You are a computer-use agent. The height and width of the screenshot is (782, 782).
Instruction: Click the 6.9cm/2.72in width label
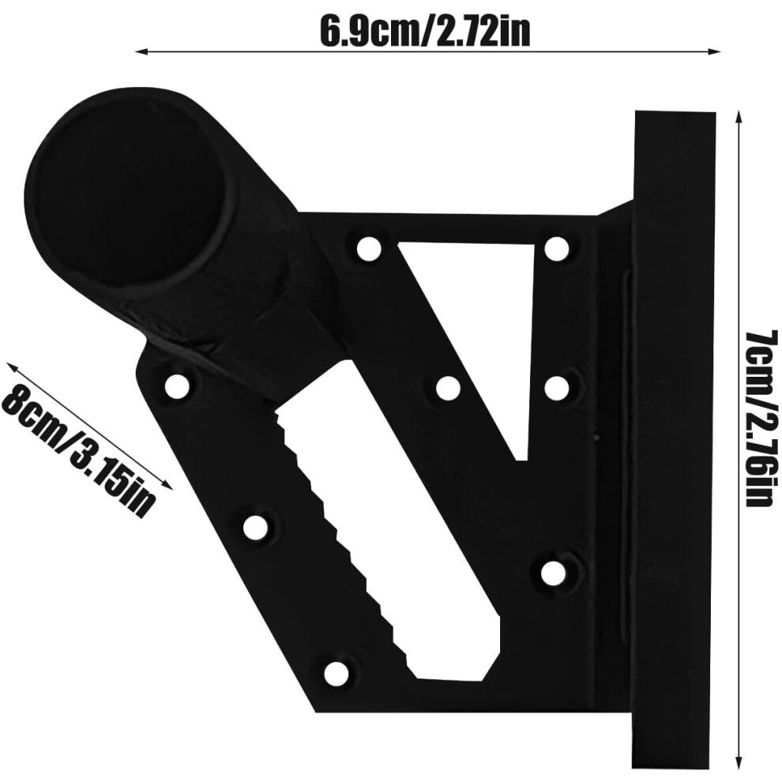(x=424, y=31)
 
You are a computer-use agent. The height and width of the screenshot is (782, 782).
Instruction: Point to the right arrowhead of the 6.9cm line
(x=714, y=51)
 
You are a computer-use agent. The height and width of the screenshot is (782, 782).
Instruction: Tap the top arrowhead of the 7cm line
(x=739, y=118)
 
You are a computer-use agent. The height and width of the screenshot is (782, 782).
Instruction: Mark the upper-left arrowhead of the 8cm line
(x=13, y=370)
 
